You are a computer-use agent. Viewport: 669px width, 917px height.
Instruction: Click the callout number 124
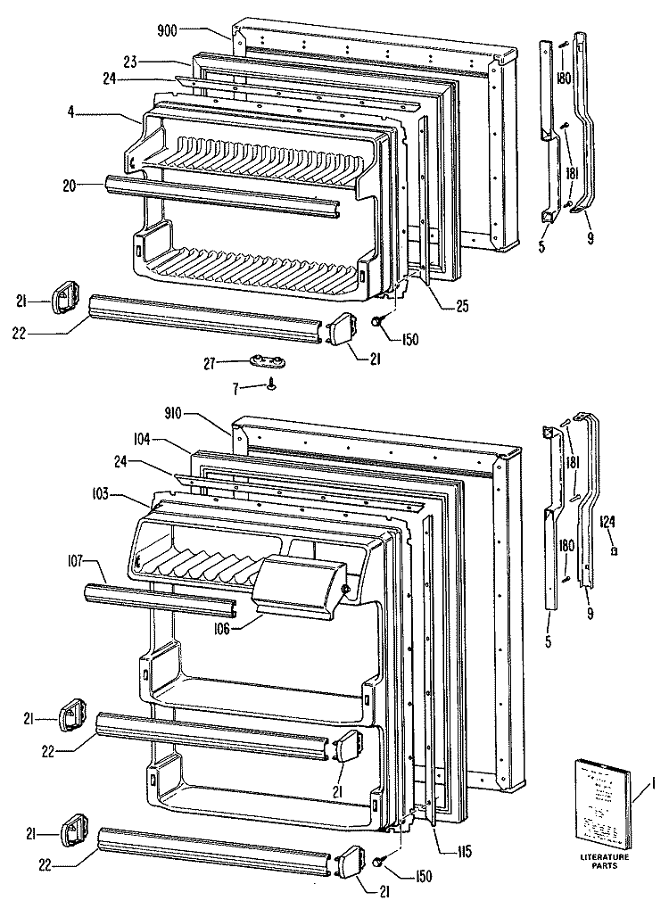(607, 522)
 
